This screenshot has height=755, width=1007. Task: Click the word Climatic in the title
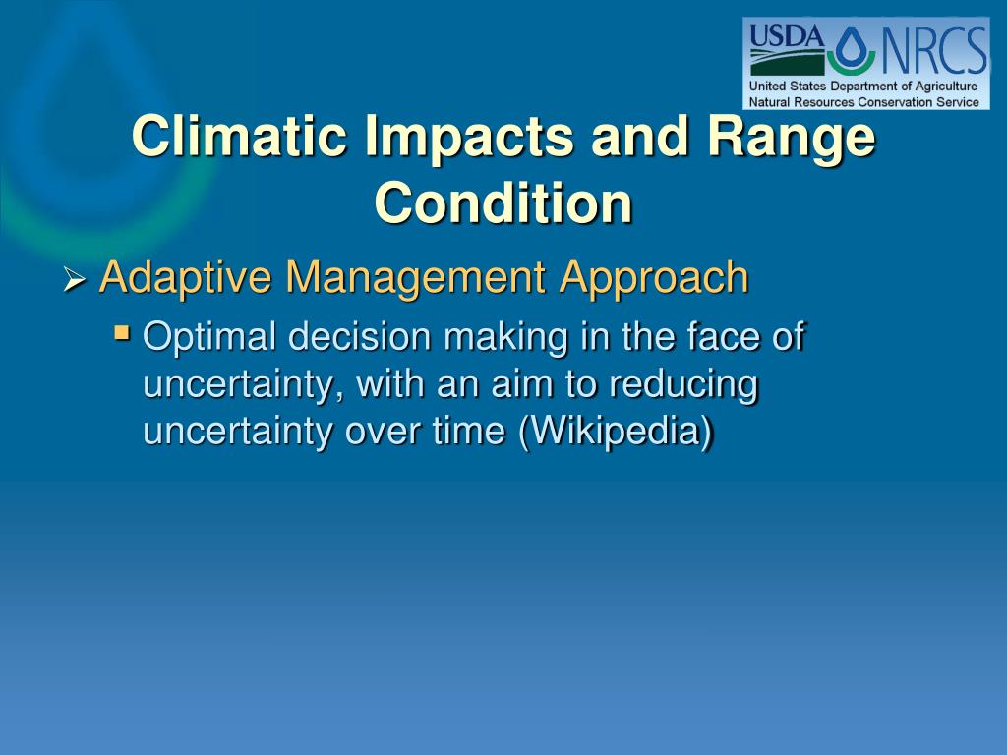(239, 136)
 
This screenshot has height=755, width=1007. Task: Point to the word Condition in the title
(503, 203)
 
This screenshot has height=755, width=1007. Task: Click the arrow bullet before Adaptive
(75, 280)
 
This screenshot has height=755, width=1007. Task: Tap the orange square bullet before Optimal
(121, 332)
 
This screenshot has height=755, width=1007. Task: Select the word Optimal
(209, 337)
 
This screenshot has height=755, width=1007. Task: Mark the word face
(723, 336)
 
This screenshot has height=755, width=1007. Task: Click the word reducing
(683, 384)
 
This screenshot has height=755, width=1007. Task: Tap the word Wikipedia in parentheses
(616, 431)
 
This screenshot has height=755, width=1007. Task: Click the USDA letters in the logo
(787, 36)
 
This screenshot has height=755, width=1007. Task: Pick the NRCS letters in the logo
(932, 49)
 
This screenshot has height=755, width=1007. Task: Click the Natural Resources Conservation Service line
(863, 101)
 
